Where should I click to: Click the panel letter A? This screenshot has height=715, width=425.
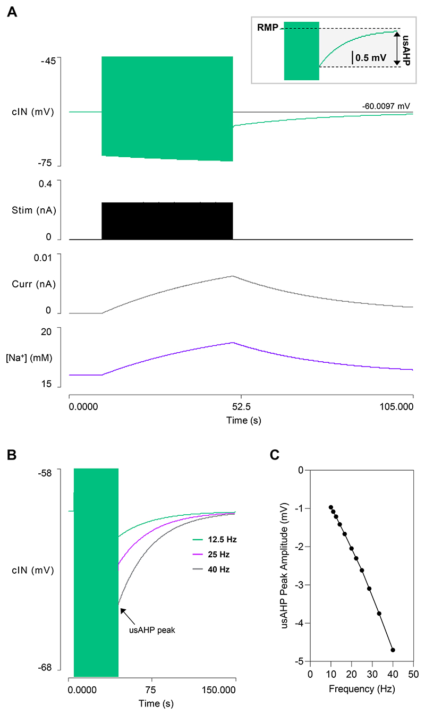tap(12, 12)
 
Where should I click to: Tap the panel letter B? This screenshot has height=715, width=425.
tap(12, 455)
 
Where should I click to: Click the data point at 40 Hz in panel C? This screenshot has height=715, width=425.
tap(393, 650)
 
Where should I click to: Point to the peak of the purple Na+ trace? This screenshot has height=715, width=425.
tap(232, 343)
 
